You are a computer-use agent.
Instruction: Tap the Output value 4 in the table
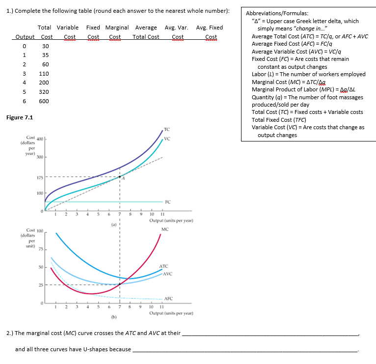point(17,83)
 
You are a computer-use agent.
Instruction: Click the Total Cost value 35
point(45,55)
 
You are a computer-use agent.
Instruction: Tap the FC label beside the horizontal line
point(168,201)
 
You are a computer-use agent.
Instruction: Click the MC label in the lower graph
point(164,229)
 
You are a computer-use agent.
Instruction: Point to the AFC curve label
point(168,299)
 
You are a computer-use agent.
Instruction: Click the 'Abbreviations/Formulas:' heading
point(277,14)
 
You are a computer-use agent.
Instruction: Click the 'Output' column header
point(25,37)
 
